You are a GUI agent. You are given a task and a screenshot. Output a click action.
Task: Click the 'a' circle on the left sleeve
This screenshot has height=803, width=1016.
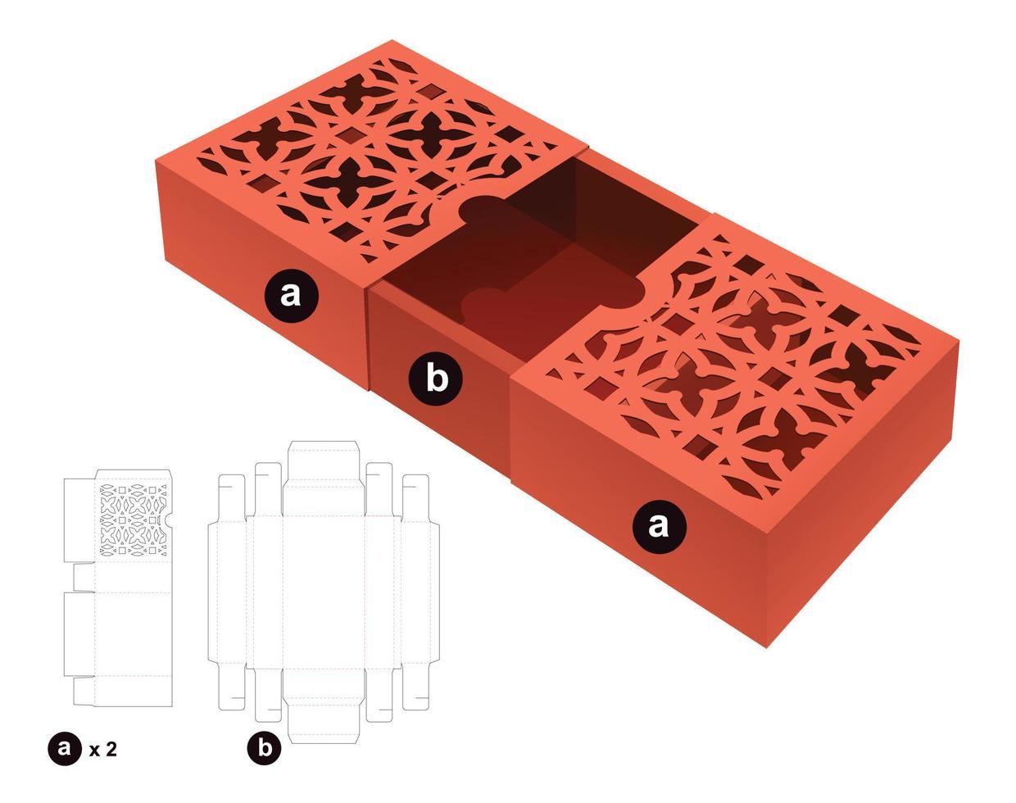pos(291,293)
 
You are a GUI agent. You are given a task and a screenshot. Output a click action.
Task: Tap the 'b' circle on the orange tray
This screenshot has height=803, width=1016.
pos(437,379)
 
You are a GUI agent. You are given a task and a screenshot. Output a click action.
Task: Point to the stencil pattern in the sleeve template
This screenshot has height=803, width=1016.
pos(133,520)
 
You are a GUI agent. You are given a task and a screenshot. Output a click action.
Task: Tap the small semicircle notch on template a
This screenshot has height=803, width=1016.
pos(169,519)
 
